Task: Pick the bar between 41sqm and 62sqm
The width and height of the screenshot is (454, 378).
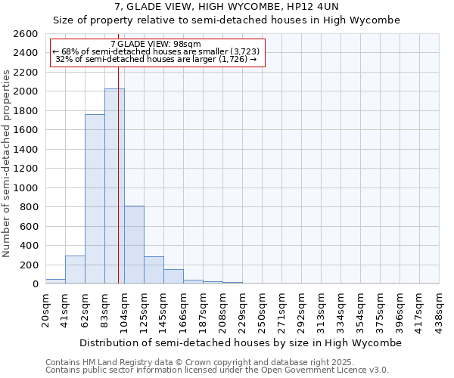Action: point(75,270)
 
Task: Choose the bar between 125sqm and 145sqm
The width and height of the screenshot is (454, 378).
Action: point(154,270)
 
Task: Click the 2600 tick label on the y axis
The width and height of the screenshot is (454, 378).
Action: point(26,34)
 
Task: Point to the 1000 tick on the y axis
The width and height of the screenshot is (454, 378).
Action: point(26,187)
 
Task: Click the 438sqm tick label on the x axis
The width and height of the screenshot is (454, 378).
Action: point(440,311)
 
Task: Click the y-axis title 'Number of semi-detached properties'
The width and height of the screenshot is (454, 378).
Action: point(7,163)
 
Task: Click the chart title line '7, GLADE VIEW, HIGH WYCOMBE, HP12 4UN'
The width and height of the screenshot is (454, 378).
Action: point(227,7)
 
